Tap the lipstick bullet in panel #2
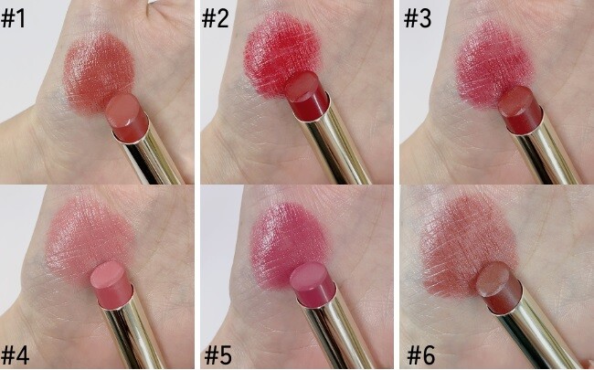pos(309,93)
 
